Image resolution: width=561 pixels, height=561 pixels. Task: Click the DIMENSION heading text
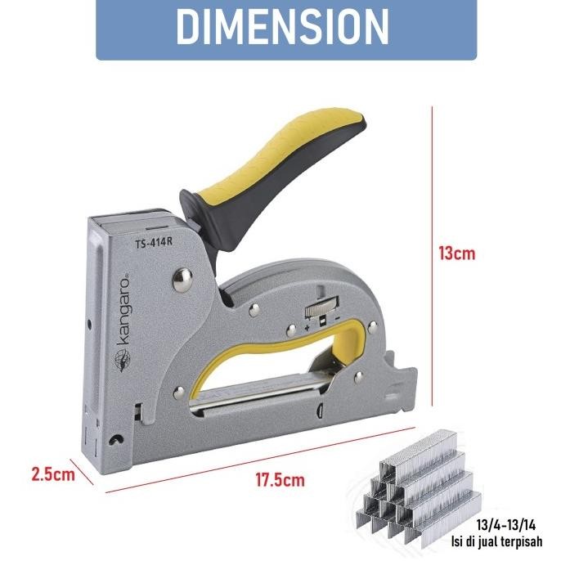point(282,26)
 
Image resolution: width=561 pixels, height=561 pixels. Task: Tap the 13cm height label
point(457,254)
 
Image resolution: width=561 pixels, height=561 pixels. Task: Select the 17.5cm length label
point(280,480)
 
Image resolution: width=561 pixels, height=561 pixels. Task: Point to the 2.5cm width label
point(53,474)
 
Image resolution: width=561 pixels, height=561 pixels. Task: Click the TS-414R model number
point(154,243)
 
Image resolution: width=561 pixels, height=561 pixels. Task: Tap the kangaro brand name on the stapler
point(123,310)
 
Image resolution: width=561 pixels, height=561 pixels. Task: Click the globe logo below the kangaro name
point(123,360)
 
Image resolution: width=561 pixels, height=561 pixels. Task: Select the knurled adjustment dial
point(321,307)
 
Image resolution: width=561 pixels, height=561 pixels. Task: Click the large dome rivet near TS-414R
point(182,280)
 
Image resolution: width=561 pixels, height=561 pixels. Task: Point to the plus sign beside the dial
point(307,327)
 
